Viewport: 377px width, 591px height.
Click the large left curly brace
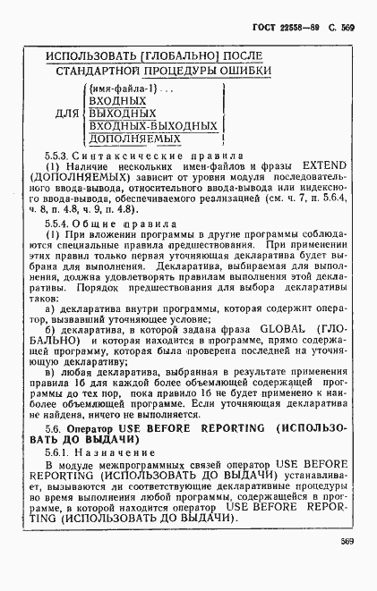[x=82, y=114]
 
